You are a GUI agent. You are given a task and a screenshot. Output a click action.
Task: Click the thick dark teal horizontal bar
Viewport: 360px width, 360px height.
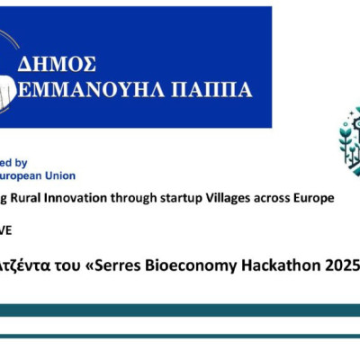(x=180, y=310)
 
